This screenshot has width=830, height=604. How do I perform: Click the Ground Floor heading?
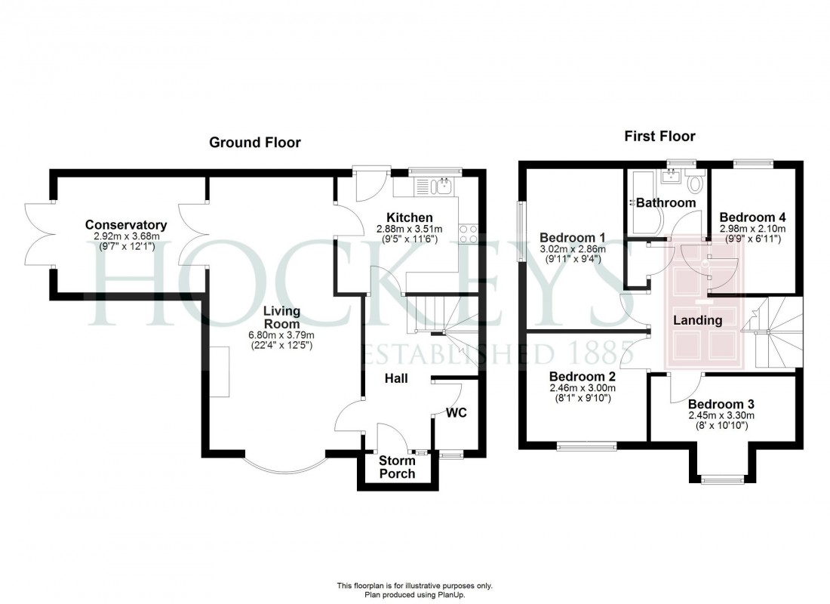pyautogui.click(x=254, y=142)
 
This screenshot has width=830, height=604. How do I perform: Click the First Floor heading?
pyautogui.click(x=659, y=136)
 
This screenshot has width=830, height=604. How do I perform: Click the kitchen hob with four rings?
pyautogui.click(x=468, y=234)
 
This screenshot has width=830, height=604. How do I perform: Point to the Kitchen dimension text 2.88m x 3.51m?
pyautogui.click(x=411, y=229)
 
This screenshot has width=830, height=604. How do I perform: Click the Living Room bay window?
pyautogui.click(x=285, y=464)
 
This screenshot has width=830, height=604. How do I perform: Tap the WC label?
pyautogui.click(x=456, y=413)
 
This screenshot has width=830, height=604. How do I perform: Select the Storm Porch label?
pyautogui.click(x=397, y=467)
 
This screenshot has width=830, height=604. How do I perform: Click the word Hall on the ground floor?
pyautogui.click(x=396, y=377)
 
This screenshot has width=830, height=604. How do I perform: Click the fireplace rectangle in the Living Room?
pyautogui.click(x=220, y=371)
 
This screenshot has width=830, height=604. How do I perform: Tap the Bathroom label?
pyautogui.click(x=665, y=202)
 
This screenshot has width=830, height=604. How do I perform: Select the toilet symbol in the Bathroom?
pyautogui.click(x=696, y=180)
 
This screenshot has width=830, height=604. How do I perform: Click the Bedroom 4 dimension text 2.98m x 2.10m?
pyautogui.click(x=753, y=229)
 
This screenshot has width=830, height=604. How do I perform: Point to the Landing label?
pyautogui.click(x=697, y=320)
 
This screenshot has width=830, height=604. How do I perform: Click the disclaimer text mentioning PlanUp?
pyautogui.click(x=414, y=594)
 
